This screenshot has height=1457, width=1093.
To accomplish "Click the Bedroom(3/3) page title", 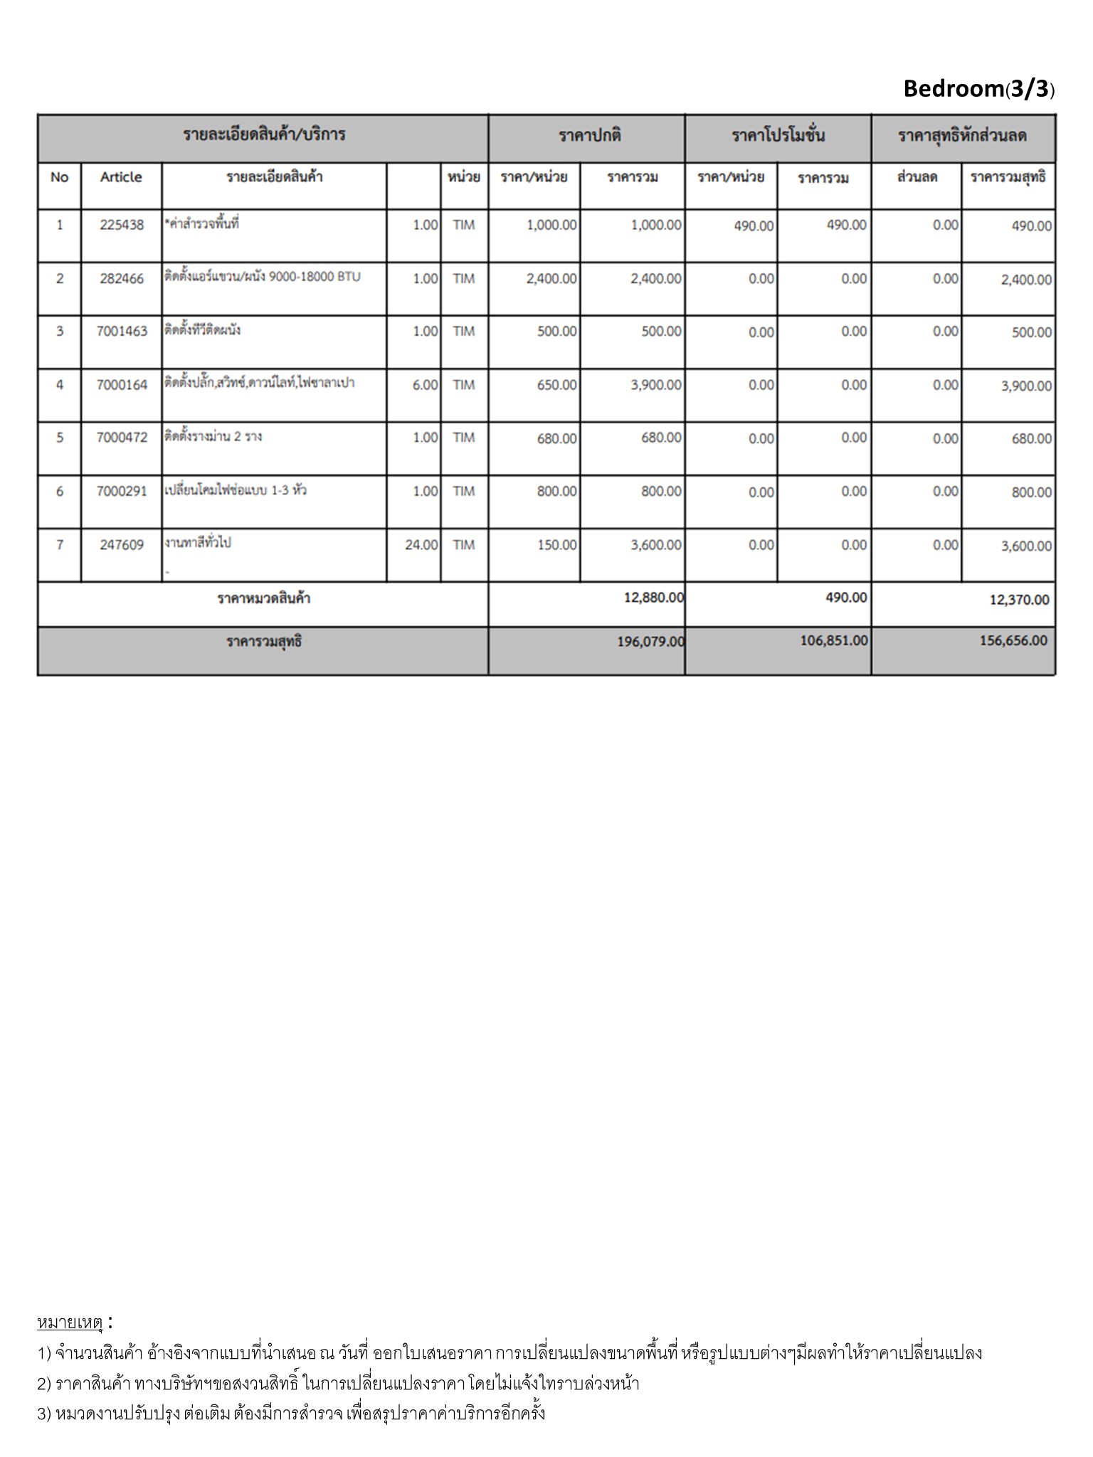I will pos(978,89).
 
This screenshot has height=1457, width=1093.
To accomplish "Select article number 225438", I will pos(122,225).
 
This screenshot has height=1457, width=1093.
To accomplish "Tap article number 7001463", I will pos(122,332).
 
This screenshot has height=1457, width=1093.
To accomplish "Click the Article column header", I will pos(121,177).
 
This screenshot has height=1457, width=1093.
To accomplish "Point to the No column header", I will pos(59,177).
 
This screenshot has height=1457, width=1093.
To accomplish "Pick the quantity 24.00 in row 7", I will pos(421,546).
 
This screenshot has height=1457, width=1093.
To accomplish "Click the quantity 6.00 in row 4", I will pos(426,385).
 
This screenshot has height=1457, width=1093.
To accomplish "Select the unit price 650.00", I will pos(556,385).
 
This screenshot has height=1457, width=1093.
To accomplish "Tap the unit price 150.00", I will pos(556,546).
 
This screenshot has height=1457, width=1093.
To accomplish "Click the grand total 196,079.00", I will pos(650,642).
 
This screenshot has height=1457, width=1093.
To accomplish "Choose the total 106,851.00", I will pos(834,641).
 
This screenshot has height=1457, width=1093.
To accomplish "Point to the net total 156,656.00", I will pos(1013,641).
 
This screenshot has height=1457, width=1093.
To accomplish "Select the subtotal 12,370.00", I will pos(1019,600).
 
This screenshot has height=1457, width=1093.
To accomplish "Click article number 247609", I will pos(122,546).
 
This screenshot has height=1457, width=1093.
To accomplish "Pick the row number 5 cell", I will pos(60,438).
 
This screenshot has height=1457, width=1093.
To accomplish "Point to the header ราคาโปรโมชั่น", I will pos(778,136).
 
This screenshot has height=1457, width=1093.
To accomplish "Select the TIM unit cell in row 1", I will pos(463,226).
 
